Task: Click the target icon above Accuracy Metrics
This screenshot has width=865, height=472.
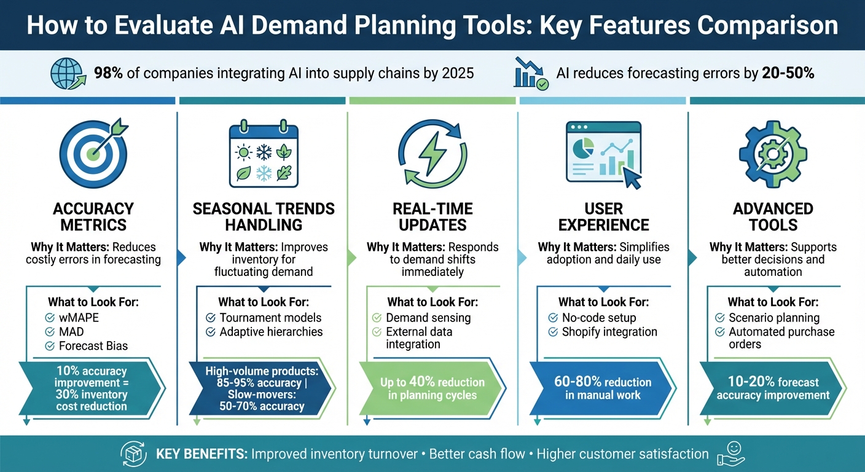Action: [x=93, y=153]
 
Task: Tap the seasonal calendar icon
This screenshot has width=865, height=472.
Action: [x=263, y=153]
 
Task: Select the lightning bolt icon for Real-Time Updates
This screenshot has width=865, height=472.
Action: [x=433, y=153]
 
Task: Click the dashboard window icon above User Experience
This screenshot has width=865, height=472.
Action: [x=603, y=153]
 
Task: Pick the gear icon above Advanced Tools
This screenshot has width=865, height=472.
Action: [x=772, y=153]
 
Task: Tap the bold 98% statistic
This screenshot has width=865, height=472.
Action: [x=108, y=74]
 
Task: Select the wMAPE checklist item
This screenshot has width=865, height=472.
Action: [x=78, y=318]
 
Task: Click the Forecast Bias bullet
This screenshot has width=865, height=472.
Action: [x=93, y=346]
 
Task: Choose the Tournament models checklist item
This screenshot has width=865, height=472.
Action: [x=270, y=318]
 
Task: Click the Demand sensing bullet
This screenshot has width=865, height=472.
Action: [x=428, y=318]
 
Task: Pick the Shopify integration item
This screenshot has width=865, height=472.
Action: [x=609, y=332]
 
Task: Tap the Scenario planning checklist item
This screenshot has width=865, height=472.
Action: [x=773, y=318]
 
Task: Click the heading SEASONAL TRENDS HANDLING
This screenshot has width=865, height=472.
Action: [x=264, y=216]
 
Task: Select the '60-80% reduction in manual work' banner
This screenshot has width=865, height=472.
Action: [x=603, y=388]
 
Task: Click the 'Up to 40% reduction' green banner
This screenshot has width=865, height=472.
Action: [x=432, y=388]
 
